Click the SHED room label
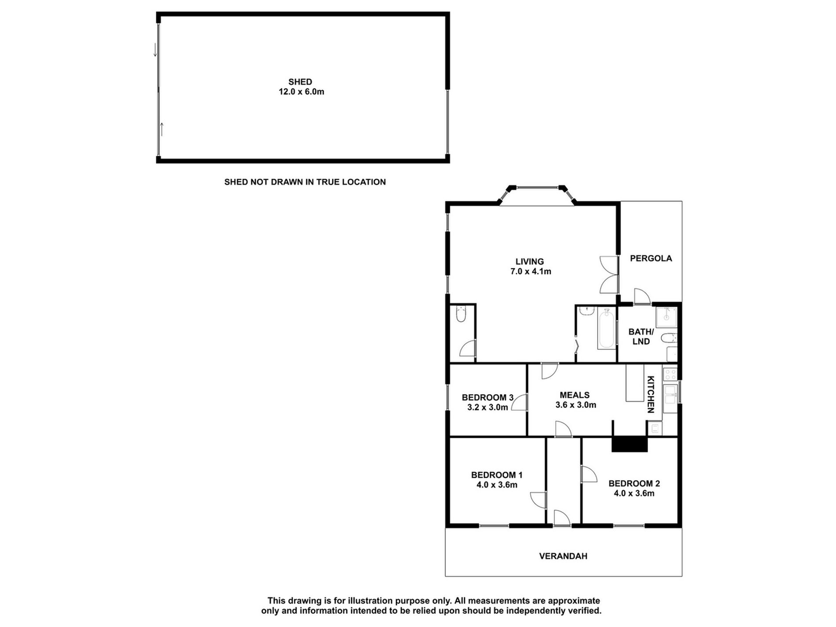click(300, 82)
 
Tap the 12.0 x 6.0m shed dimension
click(301, 92)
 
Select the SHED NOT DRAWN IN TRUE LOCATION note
click(305, 182)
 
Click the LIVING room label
click(530, 262)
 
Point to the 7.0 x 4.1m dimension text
click(531, 271)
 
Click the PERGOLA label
click(651, 259)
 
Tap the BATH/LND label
click(641, 337)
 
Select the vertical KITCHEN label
click(651, 394)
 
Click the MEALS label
click(575, 395)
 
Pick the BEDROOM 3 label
click(488, 398)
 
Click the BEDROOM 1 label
click(497, 475)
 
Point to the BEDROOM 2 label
click(634, 484)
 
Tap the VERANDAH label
click(563, 556)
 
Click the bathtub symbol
click(606, 329)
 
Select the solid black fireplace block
click(630, 444)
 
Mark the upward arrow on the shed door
click(162, 129)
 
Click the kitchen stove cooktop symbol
click(670, 374)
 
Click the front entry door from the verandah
click(562, 518)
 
